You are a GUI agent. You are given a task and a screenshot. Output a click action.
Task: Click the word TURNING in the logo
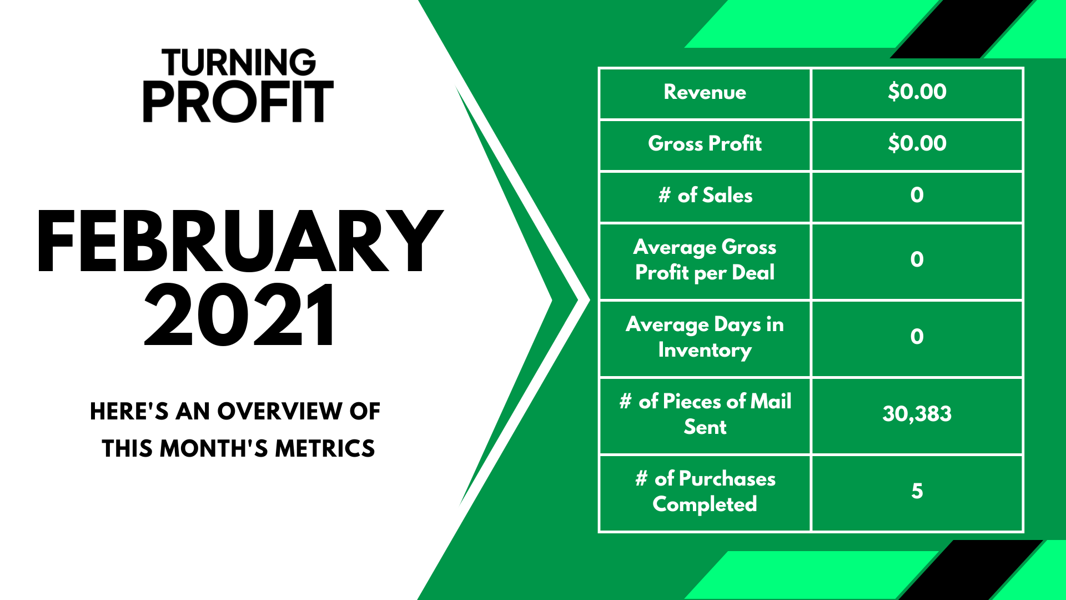(239, 63)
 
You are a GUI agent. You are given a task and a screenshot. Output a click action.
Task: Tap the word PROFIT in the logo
(239, 102)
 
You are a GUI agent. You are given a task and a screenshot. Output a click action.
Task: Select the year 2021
(240, 314)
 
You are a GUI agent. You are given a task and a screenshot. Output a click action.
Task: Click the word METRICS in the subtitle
(325, 448)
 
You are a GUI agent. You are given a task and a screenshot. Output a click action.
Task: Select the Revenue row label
(705, 92)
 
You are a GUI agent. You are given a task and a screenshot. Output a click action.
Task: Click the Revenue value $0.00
(917, 92)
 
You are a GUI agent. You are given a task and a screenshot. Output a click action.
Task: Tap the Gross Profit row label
(705, 143)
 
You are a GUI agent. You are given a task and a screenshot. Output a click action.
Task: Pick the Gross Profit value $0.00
(917, 143)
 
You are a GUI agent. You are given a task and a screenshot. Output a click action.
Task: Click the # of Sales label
(705, 195)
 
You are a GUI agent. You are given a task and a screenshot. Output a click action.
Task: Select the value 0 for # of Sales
(917, 195)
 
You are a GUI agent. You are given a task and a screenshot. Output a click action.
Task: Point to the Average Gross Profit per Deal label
(705, 260)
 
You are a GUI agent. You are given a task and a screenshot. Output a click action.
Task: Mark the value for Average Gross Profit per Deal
(917, 259)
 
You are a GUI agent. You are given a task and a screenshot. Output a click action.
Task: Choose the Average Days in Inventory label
(705, 337)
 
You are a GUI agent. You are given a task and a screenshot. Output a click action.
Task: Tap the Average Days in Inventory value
(917, 337)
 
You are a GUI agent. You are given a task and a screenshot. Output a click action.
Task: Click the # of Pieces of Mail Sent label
(705, 414)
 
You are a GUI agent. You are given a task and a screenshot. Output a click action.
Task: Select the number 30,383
(917, 414)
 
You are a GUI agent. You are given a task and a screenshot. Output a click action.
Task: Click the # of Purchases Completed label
(705, 492)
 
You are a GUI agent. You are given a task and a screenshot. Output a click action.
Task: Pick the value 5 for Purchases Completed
(917, 491)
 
